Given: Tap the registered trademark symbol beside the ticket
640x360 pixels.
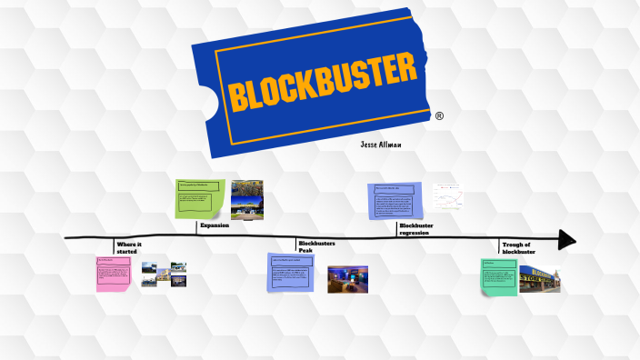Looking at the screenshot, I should pos(439,116).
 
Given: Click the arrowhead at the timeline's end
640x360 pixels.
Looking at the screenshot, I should pos(566,239).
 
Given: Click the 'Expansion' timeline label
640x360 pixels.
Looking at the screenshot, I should pos(215,225).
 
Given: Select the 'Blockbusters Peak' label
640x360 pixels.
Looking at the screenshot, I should pos(316,246).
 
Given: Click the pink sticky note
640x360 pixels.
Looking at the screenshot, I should pos(114,274).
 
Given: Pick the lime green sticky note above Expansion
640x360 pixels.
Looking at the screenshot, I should pos(200,199).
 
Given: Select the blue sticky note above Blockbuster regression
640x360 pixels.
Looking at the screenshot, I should pos(395,201).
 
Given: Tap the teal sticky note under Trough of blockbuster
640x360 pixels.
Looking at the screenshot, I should pos(499,277).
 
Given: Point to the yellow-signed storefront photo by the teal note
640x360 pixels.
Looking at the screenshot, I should pos(539,279).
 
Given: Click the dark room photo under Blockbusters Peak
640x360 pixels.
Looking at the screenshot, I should pos(347,279).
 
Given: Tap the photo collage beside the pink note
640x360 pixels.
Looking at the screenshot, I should pos(164,274).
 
